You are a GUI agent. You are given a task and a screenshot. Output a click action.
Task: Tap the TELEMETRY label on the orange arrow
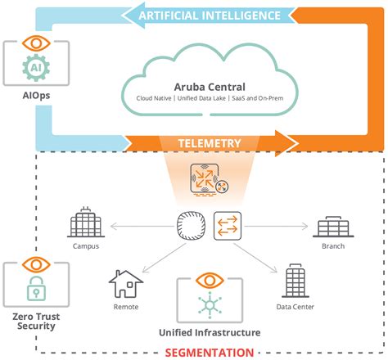coord(211,143)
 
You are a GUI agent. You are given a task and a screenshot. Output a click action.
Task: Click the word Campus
coord(85,245)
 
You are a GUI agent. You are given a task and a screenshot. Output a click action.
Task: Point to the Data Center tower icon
coord(294,281)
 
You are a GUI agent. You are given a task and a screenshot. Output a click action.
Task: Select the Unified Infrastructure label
coord(210,333)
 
